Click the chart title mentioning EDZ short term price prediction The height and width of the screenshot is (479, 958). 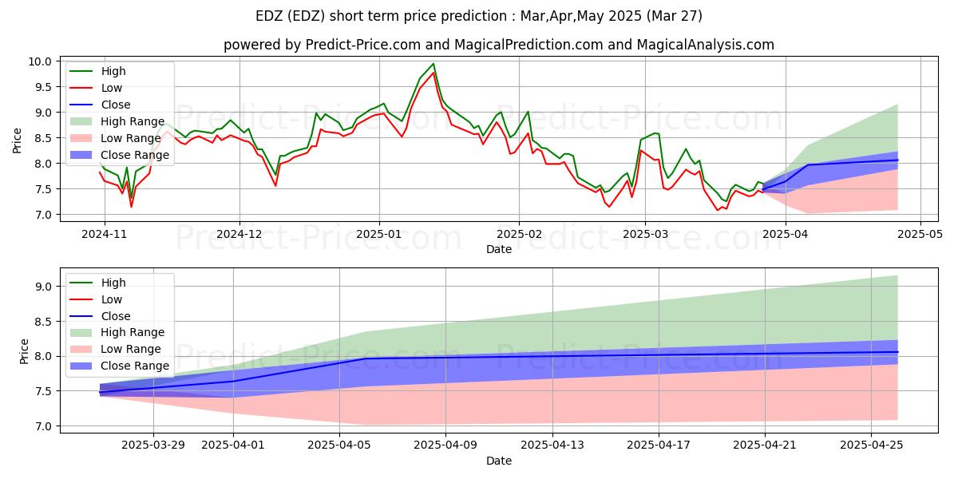tap(479, 15)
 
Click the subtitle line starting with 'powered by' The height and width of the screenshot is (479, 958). tap(498, 45)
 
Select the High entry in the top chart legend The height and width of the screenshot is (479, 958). tap(114, 71)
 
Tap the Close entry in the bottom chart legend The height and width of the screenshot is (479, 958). tap(117, 315)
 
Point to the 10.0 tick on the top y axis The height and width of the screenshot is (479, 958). tap(42, 61)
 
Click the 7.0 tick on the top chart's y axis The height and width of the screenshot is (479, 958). tap(45, 215)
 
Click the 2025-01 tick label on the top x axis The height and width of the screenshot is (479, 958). tap(378, 236)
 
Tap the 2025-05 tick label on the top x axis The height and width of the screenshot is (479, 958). tap(921, 236)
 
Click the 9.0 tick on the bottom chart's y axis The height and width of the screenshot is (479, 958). tap(45, 287)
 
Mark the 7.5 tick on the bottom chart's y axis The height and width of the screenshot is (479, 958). tap(45, 391)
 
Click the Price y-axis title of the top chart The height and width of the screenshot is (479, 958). tap(18, 138)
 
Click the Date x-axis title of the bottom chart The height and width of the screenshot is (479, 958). tap(498, 461)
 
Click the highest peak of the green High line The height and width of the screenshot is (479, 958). tap(433, 64)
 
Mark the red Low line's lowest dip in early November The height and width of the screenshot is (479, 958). tap(131, 207)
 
